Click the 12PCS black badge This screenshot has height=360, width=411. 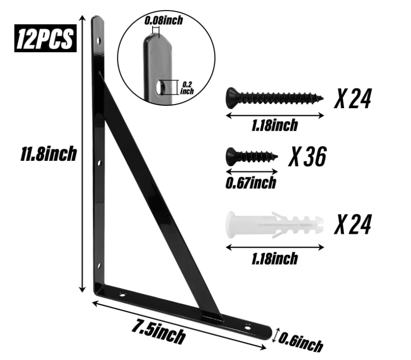click(x=45, y=38)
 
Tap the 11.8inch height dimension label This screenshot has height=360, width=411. click(x=48, y=154)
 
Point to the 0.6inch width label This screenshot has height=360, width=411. click(x=300, y=342)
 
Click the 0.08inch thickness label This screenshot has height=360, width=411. click(x=164, y=21)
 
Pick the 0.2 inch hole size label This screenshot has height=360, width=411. click(x=187, y=88)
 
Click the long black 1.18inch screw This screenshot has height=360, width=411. click(x=275, y=98)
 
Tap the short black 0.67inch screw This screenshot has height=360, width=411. click(x=252, y=157)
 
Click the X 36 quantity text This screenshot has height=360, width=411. click(x=307, y=157)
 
